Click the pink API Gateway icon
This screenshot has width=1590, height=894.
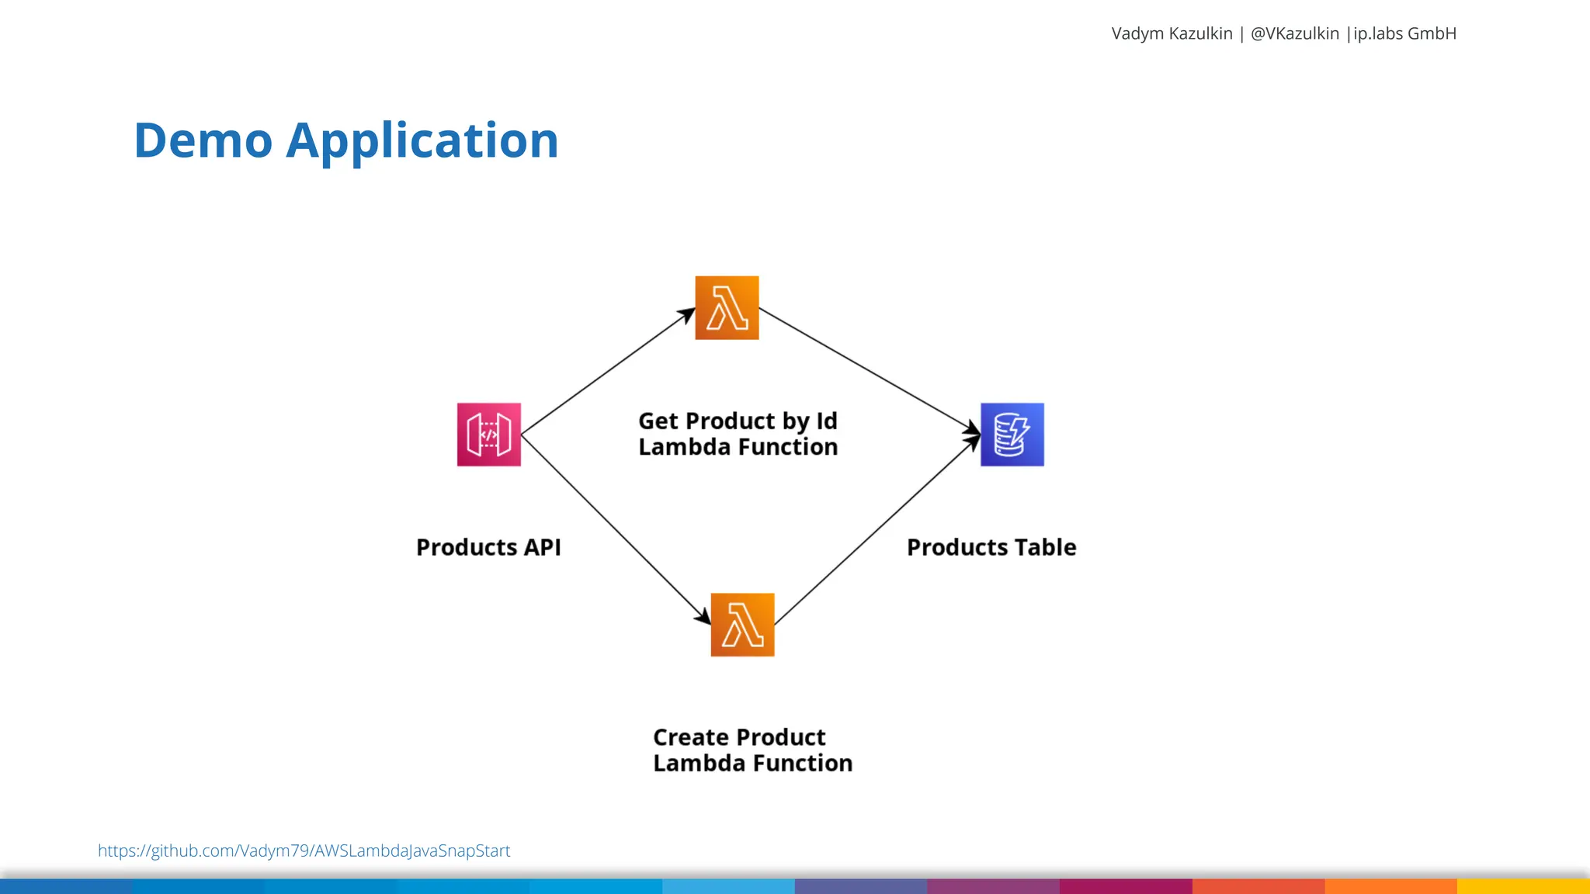pos(488,435)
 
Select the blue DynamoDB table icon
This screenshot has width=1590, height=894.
pos(1012,435)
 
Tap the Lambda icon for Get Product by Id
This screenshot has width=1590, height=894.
pos(727,308)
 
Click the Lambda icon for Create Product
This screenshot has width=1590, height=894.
pos(742,625)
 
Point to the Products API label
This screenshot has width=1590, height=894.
pos(488,547)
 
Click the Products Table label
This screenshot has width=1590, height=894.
pos(991,547)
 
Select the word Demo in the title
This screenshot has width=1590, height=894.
pos(203,140)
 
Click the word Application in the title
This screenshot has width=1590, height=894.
pos(422,140)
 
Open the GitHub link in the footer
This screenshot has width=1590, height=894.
pos(304,851)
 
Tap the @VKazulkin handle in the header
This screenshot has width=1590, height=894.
pos(1294,33)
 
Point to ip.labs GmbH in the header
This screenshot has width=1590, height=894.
pos(1404,33)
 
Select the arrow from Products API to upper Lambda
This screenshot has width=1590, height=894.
pos(607,372)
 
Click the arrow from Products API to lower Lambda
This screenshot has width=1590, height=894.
pos(615,529)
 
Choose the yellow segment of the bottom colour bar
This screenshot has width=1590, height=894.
pos(1523,886)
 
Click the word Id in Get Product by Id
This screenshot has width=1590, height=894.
pos(826,421)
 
